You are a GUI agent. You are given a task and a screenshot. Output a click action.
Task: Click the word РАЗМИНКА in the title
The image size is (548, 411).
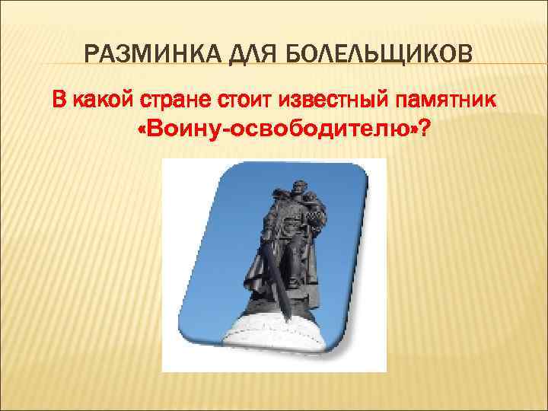tap(141, 55)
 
